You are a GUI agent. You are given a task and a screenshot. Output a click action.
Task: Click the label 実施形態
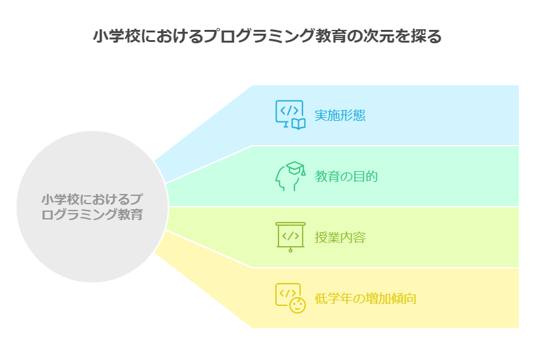[340, 116]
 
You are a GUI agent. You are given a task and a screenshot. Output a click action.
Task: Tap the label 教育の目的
[347, 176]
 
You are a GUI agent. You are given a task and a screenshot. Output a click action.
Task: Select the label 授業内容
[340, 237]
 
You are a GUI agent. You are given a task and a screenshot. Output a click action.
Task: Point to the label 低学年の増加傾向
[366, 298]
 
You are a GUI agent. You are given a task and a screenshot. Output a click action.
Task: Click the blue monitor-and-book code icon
[290, 115]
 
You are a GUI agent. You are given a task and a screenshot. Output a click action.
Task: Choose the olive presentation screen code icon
[291, 237]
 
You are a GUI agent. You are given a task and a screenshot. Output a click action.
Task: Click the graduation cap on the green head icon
[294, 168]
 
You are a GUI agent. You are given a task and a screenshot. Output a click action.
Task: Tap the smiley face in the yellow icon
[297, 305]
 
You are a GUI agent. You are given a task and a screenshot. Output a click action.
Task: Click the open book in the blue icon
[298, 123]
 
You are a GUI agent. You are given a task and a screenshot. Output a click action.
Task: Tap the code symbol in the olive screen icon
[291, 235]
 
